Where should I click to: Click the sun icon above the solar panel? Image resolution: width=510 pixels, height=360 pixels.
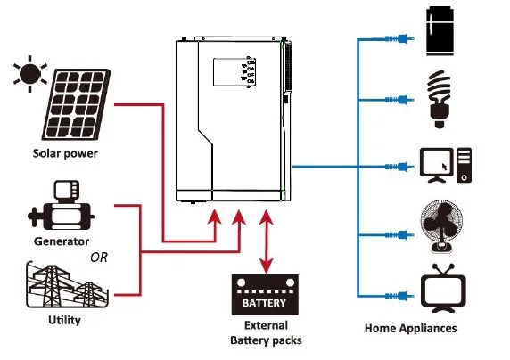point(29,72)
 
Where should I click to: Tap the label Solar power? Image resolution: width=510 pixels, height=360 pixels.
point(65,153)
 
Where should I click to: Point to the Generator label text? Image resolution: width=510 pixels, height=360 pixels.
point(61,241)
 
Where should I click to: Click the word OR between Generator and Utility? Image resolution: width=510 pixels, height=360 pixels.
point(101,258)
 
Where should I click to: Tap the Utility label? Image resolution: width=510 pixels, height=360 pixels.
point(62,318)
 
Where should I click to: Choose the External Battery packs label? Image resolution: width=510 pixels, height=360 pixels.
point(266,332)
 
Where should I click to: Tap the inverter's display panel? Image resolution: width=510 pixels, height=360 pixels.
point(234,75)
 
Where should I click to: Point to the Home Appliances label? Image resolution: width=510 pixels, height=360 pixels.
point(410,328)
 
